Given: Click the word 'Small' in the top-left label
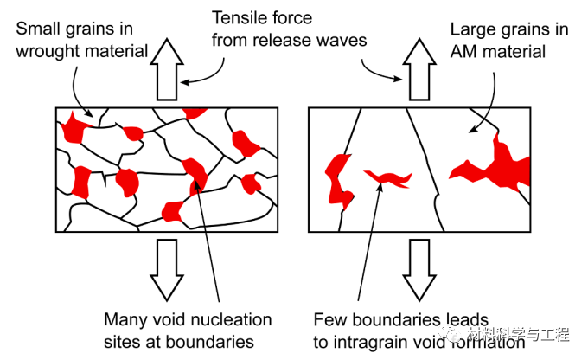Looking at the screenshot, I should pos(35,29).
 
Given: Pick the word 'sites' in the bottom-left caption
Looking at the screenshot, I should pos(121,342).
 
